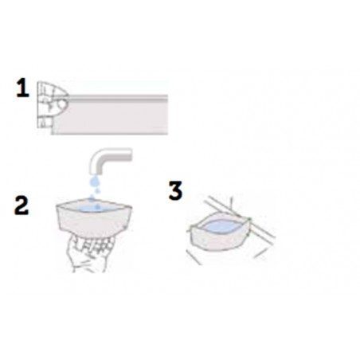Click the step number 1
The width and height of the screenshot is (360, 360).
22,88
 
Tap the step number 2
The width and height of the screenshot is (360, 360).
22,205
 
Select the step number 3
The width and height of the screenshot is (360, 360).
176,190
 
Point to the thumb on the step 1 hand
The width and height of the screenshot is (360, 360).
61,104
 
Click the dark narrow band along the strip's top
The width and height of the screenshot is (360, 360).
118,98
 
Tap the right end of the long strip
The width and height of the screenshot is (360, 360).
167,115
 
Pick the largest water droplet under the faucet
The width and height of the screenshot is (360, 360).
93,182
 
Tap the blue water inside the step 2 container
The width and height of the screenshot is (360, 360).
95,208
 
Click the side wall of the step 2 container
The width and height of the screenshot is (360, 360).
93,223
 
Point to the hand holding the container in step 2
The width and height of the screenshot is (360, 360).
89,253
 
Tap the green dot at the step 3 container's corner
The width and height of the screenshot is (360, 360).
249,219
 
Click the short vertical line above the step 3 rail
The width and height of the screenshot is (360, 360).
232,202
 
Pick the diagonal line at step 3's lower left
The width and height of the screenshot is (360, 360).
194,257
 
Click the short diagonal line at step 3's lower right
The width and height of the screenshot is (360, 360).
260,253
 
